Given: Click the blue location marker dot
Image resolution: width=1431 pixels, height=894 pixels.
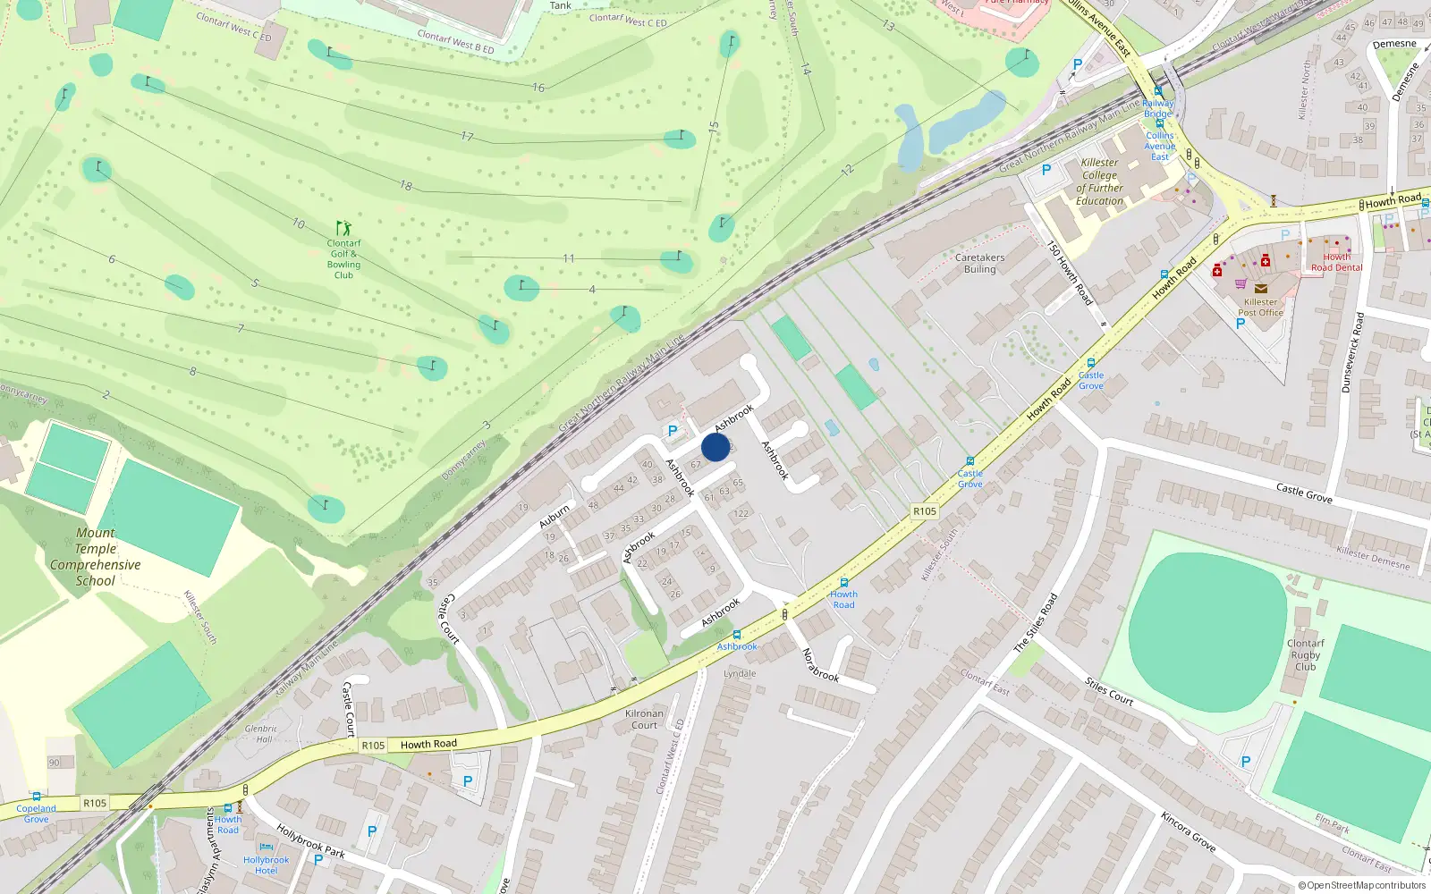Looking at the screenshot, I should point(715,447).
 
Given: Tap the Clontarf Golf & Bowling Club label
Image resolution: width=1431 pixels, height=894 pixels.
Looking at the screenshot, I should point(343,258).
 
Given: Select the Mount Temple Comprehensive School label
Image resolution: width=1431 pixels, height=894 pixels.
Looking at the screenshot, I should point(95,556).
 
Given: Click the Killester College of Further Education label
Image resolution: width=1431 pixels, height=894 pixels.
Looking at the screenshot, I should point(1099,181).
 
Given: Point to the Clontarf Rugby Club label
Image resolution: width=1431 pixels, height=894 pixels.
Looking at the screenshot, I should point(1306,654).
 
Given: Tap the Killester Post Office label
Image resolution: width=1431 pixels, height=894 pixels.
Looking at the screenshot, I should point(1260,307).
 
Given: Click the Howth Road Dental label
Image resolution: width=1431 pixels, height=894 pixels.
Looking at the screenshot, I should point(1336,262).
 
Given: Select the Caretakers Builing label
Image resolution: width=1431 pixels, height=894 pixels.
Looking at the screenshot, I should point(979,263).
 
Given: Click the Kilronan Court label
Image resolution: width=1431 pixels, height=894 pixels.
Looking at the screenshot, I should point(644,719).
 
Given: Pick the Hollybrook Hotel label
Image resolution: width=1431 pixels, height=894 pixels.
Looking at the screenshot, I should point(267,864).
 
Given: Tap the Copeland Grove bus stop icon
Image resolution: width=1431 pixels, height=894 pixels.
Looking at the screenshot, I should point(36,796).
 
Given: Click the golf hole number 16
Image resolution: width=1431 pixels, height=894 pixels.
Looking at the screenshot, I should point(538,88).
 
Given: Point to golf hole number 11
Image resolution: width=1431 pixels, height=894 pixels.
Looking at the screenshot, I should point(569,258).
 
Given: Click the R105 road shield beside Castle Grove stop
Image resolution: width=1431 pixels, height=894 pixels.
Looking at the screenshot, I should point(925,511).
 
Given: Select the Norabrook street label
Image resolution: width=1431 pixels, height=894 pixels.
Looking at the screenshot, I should point(820,664).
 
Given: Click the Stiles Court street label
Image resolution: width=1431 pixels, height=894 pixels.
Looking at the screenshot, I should point(1109,692).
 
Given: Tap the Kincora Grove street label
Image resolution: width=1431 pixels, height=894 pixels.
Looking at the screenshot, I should point(1188,831).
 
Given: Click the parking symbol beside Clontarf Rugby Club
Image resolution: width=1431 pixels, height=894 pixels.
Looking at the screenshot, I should point(1246,762).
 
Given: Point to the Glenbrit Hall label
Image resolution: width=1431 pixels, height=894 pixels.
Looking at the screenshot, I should point(260,734).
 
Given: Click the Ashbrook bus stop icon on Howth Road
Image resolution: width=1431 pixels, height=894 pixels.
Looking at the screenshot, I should point(737,635).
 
